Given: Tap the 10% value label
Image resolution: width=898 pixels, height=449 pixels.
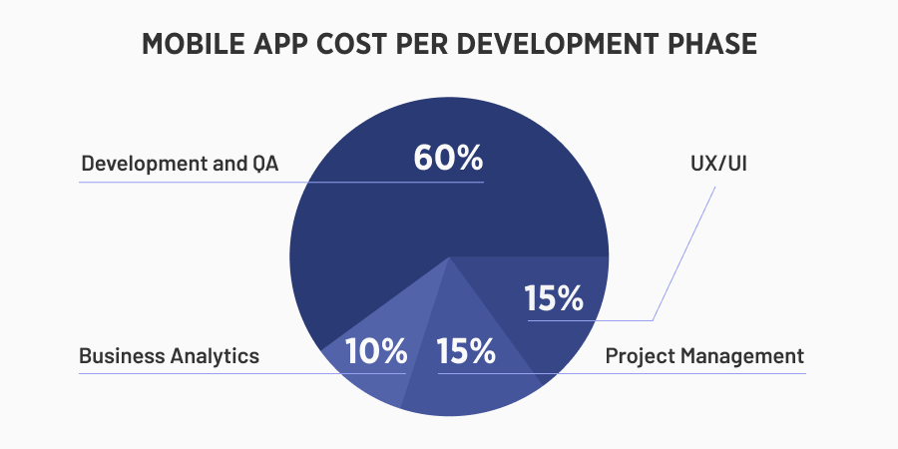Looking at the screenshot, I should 376,351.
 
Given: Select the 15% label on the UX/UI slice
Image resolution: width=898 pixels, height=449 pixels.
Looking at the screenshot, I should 554,298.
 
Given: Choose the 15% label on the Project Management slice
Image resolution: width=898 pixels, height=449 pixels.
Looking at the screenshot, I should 465,351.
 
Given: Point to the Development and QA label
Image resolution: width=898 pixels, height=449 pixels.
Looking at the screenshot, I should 180,164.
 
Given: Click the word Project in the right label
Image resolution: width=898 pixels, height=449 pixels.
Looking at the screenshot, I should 640,355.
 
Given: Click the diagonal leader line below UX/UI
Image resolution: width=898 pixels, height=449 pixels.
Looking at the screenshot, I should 684,252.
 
